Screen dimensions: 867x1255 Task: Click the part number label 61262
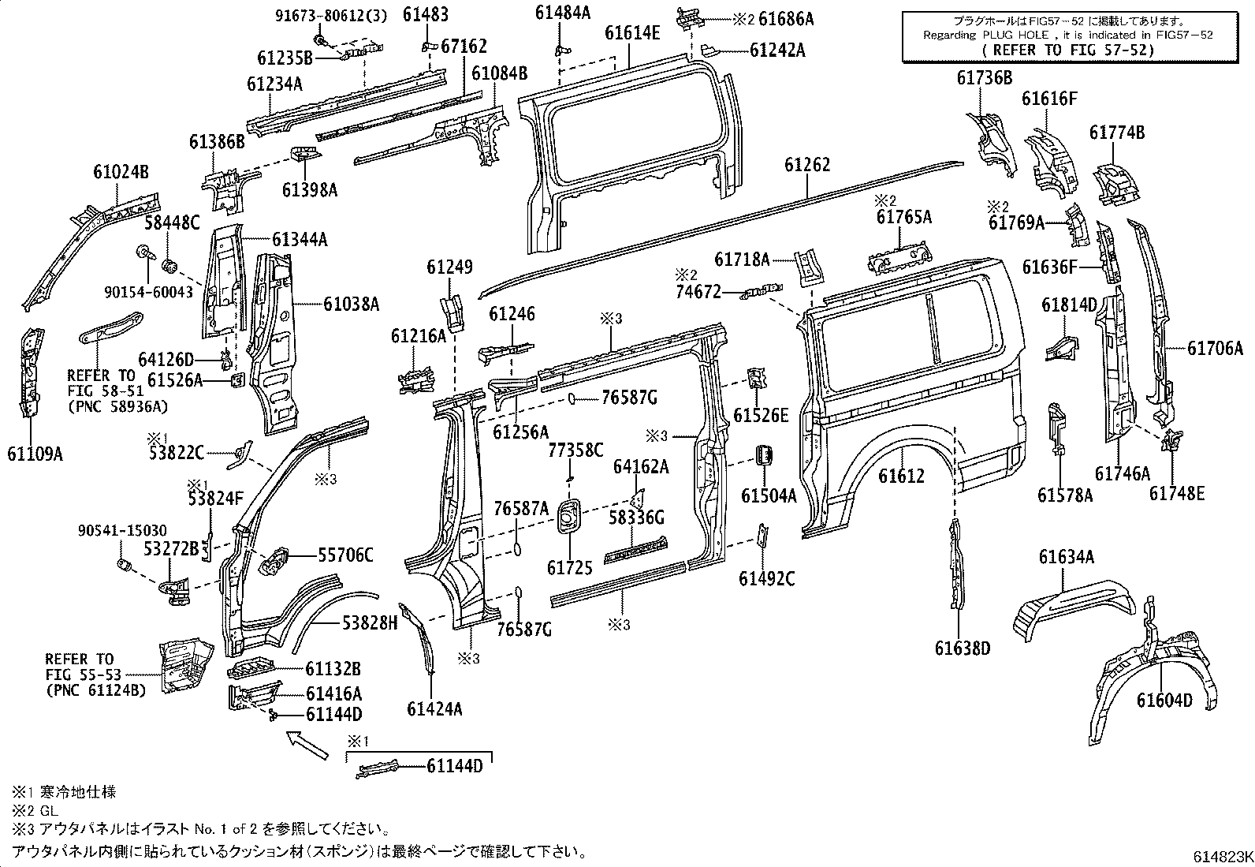click(x=807, y=166)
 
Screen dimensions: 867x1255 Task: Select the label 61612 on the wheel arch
click(x=902, y=476)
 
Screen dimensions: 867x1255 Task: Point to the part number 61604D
click(x=1164, y=700)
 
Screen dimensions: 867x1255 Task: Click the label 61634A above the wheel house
click(x=1066, y=558)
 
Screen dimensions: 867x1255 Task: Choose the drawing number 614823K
click(x=1221, y=857)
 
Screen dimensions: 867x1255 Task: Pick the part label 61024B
click(x=121, y=172)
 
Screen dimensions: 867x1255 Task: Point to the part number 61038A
click(x=352, y=304)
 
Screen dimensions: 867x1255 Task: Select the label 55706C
click(x=345, y=555)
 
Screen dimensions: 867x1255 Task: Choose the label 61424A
click(x=434, y=708)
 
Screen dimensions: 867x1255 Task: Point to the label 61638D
click(x=962, y=648)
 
